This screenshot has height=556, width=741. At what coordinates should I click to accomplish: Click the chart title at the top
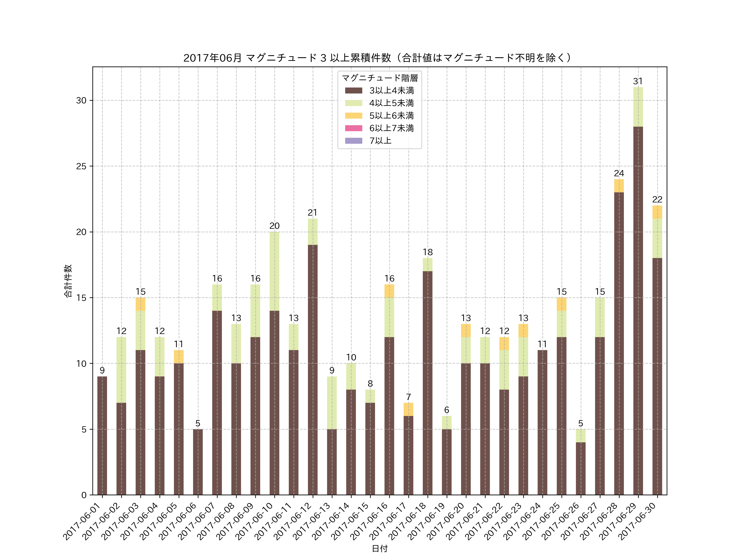pos(377,58)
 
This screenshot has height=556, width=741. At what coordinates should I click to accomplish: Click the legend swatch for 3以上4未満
pos(353,90)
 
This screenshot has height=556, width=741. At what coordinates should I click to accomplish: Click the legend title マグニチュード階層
pos(380,78)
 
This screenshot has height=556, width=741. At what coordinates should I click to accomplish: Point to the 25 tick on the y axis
pos(81,166)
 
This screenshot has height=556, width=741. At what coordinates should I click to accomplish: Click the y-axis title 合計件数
pos(68,281)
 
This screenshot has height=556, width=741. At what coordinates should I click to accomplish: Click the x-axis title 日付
pos(380,548)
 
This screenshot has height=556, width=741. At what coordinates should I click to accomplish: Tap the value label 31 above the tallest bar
pos(638,81)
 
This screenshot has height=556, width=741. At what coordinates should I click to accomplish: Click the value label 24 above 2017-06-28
pos(619,173)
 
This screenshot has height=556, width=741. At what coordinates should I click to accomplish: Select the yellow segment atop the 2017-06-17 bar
pos(408,409)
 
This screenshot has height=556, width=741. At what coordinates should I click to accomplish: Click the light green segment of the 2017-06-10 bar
pos(274,271)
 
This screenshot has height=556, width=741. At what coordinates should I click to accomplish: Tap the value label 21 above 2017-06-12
pos(312,213)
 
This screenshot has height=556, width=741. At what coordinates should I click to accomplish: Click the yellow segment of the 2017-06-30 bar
pos(657,212)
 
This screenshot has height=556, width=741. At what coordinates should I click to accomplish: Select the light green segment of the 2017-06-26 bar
pos(580,436)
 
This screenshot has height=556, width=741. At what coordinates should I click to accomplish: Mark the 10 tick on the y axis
pos(81,364)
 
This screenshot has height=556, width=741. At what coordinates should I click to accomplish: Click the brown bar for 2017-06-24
pos(542,422)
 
